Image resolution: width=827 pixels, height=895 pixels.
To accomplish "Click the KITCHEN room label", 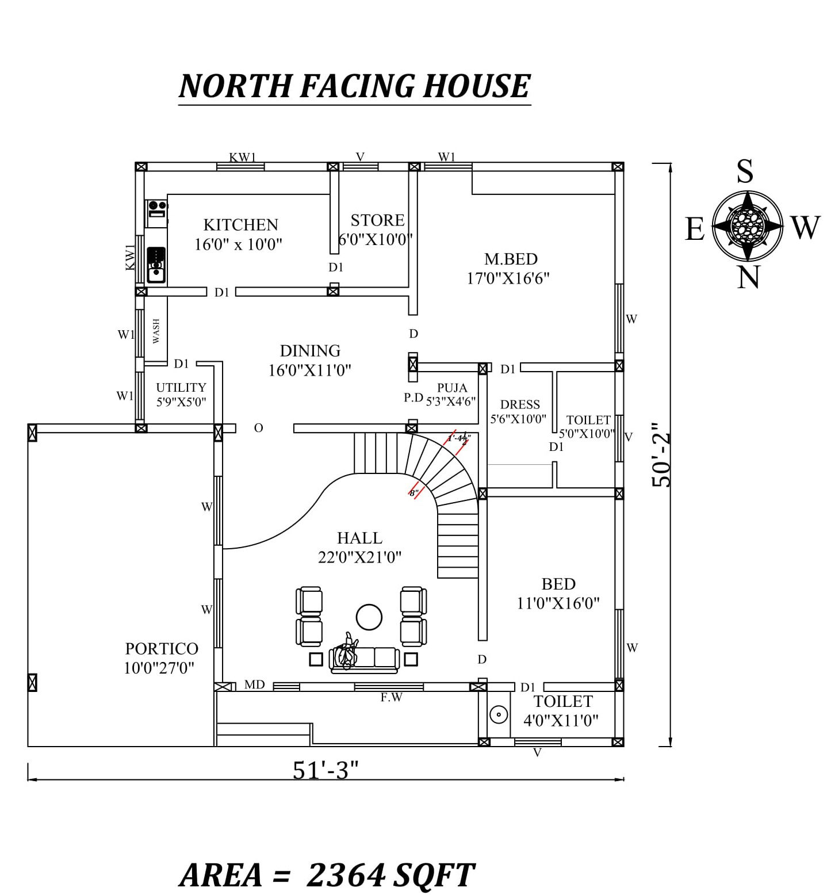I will pyautogui.click(x=240, y=224).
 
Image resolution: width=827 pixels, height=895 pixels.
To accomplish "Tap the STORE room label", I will pyautogui.click(x=377, y=220).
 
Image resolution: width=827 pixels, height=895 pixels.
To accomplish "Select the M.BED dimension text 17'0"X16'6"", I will pyautogui.click(x=508, y=278).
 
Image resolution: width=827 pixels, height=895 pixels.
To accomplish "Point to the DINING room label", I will pyautogui.click(x=310, y=351).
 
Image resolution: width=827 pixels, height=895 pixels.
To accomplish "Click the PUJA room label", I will pyautogui.click(x=452, y=388).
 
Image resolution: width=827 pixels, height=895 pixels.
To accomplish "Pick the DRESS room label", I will pyautogui.click(x=520, y=404).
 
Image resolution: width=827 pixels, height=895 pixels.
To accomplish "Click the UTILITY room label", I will pyautogui.click(x=181, y=388).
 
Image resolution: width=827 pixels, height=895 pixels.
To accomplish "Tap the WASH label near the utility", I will pyautogui.click(x=156, y=331).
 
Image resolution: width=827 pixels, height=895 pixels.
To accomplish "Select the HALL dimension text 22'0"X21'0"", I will pyautogui.click(x=359, y=557).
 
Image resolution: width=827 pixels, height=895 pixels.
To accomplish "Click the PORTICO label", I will pyautogui.click(x=162, y=649).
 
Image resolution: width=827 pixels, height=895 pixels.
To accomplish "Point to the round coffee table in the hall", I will pyautogui.click(x=369, y=617).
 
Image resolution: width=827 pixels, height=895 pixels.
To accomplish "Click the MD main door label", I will pyautogui.click(x=254, y=684).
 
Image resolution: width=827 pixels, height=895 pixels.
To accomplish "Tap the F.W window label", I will pyautogui.click(x=391, y=698).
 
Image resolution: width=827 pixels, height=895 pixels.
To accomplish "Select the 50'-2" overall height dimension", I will pyautogui.click(x=661, y=455).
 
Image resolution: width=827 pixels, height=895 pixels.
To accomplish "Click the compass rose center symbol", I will pyautogui.click(x=747, y=225).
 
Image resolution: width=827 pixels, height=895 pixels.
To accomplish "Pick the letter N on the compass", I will pyautogui.click(x=748, y=277).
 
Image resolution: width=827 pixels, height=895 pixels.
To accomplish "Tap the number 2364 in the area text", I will pyautogui.click(x=345, y=875).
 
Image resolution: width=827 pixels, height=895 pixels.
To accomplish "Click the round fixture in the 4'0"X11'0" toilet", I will pyautogui.click(x=499, y=714).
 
